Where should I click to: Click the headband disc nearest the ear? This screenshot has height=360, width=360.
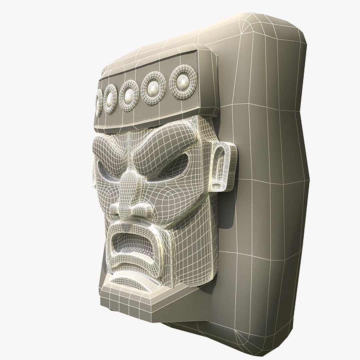point(183,82)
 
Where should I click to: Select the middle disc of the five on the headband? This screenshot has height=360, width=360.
point(129,96)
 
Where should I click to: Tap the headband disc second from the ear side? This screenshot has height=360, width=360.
point(153,88)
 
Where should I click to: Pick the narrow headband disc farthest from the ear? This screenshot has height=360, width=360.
point(99,103)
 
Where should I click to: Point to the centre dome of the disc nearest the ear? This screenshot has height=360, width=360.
point(183,81)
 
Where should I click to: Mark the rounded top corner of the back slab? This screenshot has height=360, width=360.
point(293,27)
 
